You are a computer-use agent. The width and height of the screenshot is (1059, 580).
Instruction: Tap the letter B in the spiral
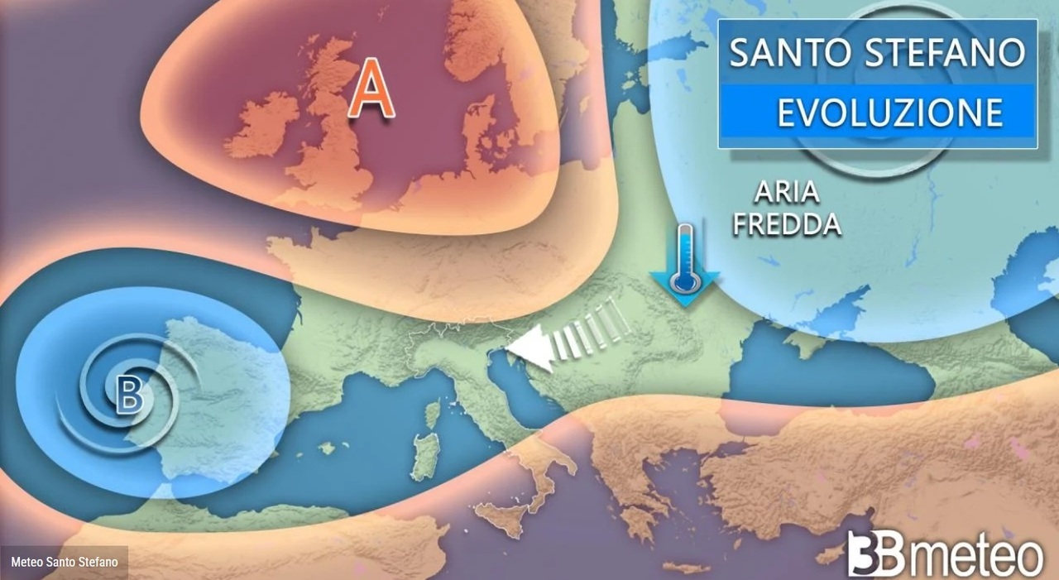pyautogui.click(x=129, y=395)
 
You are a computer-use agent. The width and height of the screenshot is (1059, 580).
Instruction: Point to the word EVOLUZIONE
pyautogui.click(x=889, y=112)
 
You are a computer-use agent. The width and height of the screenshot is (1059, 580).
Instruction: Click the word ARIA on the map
pyautogui.click(x=786, y=193)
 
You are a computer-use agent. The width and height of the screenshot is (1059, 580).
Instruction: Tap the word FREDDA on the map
pyautogui.click(x=786, y=224)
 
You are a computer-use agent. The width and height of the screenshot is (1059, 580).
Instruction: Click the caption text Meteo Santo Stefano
pyautogui.click(x=65, y=563)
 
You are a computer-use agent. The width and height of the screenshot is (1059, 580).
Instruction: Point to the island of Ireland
pyautogui.click(x=262, y=124)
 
